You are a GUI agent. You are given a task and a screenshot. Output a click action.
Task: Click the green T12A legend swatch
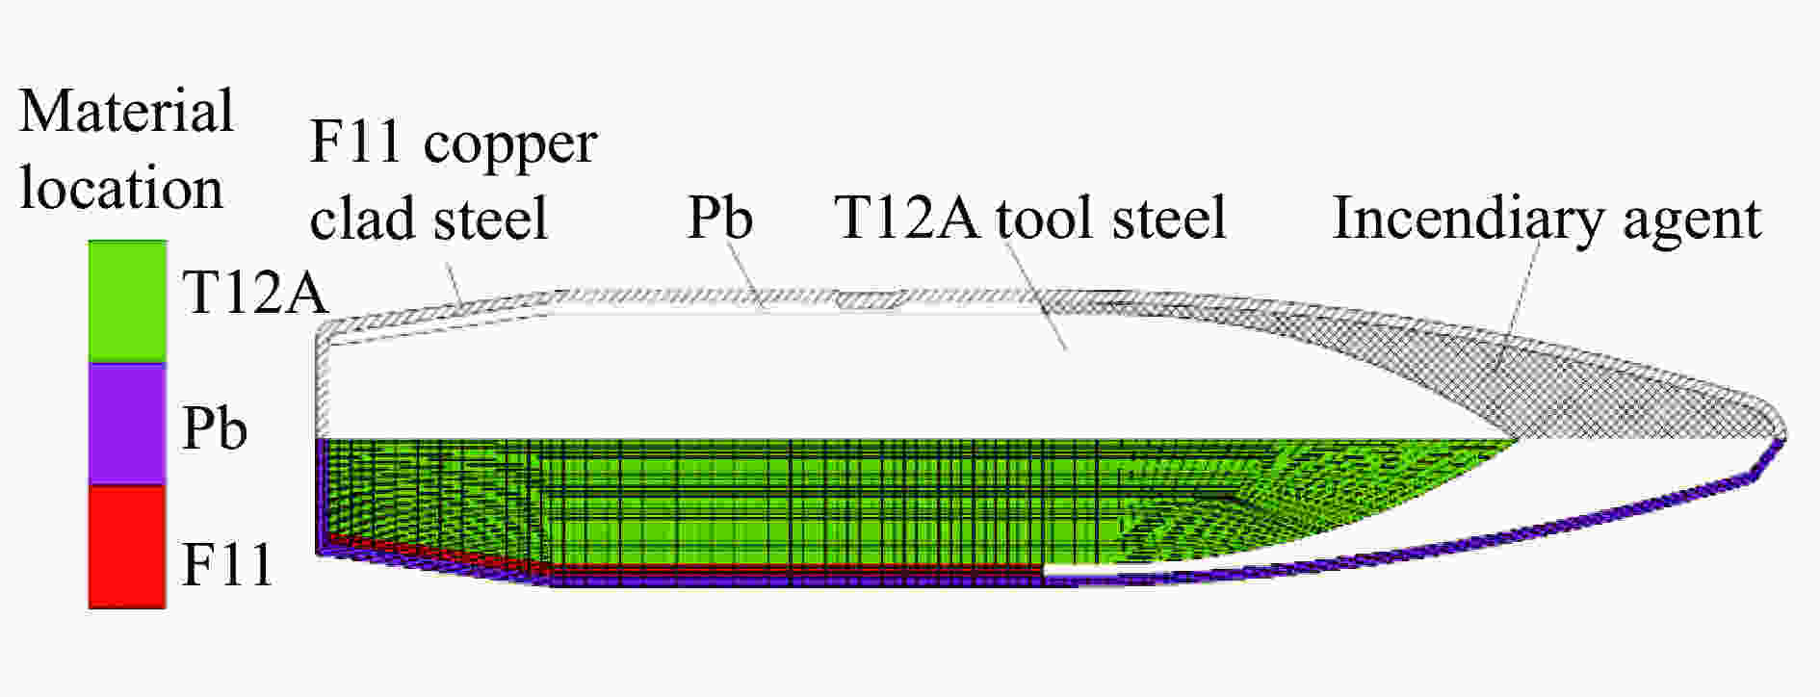pyautogui.click(x=127, y=301)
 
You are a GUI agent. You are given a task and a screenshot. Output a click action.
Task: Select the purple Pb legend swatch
pyautogui.click(x=127, y=424)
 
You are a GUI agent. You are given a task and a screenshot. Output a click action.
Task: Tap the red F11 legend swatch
pyautogui.click(x=127, y=546)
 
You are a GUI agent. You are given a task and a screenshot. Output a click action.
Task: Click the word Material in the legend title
pyautogui.click(x=126, y=111)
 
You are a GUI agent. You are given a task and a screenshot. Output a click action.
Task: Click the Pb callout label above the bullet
pyautogui.click(x=719, y=218)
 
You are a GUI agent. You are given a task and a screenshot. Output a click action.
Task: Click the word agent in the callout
pyautogui.click(x=1692, y=222)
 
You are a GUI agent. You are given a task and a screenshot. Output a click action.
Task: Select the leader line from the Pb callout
pyautogui.click(x=745, y=275)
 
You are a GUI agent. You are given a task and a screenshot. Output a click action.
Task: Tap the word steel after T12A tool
pyautogui.click(x=1168, y=218)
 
